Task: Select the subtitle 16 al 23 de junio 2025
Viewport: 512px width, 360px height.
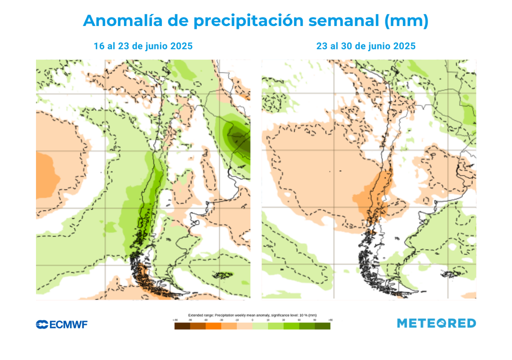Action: coord(143,46)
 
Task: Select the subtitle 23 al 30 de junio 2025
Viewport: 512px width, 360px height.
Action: coord(366,46)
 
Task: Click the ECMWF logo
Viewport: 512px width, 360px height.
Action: coord(61,324)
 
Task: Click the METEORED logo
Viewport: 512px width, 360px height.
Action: coord(436,323)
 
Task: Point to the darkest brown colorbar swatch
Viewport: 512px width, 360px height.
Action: coord(182,326)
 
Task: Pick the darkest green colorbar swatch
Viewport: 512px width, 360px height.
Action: coord(322,326)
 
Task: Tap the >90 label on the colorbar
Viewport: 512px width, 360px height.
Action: coord(330,319)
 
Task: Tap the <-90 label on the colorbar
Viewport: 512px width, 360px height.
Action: coord(175,319)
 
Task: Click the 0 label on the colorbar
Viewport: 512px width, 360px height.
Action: coord(252,319)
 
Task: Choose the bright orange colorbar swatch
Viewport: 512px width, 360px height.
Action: coord(213,326)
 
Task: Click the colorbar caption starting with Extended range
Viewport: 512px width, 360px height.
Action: coord(252,315)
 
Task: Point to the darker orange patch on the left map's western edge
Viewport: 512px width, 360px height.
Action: coord(46,175)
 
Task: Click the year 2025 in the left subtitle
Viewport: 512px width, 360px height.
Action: coord(180,46)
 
